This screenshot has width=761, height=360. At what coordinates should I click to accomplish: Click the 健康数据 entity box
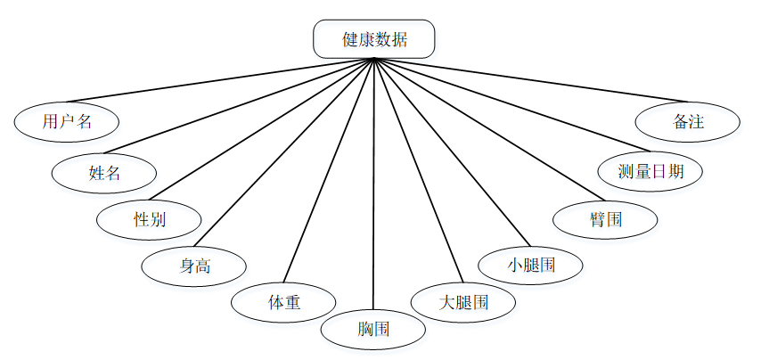click(x=374, y=39)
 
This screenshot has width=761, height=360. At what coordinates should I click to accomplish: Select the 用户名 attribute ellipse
click(x=67, y=122)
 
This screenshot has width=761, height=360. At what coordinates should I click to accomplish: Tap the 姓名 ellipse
click(x=104, y=173)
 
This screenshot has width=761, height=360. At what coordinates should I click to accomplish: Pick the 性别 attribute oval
click(x=149, y=219)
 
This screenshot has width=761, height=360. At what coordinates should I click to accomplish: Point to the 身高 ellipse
click(x=195, y=265)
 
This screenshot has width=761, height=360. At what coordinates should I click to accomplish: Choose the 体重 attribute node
click(x=283, y=302)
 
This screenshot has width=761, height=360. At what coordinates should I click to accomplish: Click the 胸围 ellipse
click(x=373, y=330)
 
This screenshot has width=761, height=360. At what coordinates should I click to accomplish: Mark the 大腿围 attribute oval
click(x=463, y=301)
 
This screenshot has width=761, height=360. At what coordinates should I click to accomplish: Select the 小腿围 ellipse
click(x=531, y=265)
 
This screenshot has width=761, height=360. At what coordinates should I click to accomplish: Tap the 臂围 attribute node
click(x=605, y=219)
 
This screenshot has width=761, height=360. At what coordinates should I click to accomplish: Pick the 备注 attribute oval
click(x=688, y=122)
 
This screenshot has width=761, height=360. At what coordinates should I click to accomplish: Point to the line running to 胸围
click(x=373, y=178)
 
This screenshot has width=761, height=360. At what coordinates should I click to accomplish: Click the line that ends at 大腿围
click(x=419, y=169)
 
